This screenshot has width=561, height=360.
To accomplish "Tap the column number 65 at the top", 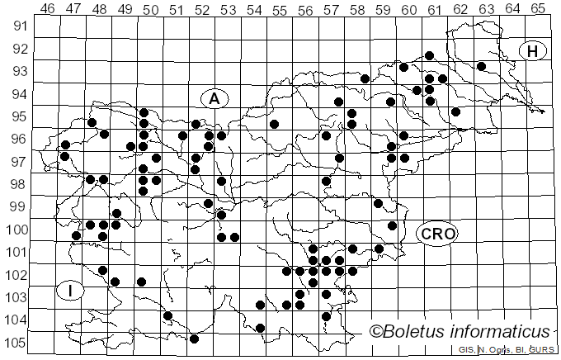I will click(x=538, y=8).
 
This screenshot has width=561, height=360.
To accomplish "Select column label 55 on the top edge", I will click(x=280, y=9).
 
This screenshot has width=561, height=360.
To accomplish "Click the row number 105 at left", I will click(x=15, y=343).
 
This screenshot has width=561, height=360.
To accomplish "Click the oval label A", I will click(x=214, y=99).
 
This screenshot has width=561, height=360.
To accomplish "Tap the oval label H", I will click(x=533, y=51).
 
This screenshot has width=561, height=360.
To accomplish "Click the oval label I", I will click(x=72, y=291).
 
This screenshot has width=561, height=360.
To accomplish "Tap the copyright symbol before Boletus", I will click(x=376, y=332).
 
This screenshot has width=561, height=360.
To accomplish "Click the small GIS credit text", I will click(x=467, y=350).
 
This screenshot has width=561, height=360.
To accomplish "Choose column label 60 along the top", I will click(x=409, y=9).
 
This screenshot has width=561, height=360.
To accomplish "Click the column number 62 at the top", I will click(x=460, y=9).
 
